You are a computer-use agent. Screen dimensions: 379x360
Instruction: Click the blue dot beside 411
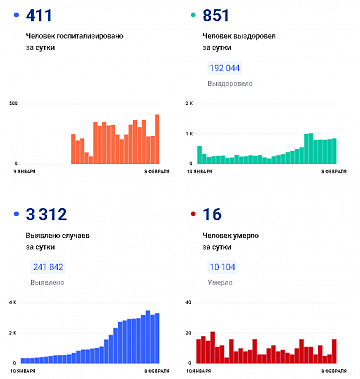click(x=14, y=16)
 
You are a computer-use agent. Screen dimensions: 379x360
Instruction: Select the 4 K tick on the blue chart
click(x=13, y=302)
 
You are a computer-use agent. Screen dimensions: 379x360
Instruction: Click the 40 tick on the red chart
click(x=189, y=302)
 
